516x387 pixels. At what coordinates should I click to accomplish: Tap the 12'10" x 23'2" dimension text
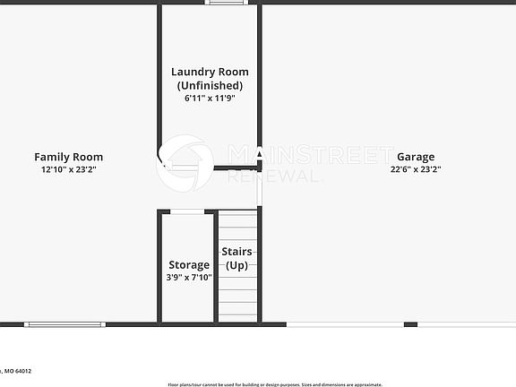[69, 169]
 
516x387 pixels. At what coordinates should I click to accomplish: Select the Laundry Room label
[210, 72]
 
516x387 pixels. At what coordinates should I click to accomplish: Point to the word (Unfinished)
[210, 85]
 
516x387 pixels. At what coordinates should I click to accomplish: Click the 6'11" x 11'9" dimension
[210, 99]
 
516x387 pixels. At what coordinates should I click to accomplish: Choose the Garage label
[416, 157]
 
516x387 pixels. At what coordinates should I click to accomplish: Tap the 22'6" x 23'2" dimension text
[416, 169]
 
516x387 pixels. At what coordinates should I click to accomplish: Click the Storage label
[189, 265]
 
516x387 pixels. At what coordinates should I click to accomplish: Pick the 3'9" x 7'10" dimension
[189, 278]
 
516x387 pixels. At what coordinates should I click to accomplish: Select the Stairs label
[236, 253]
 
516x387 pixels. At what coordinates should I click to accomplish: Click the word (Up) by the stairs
[236, 265]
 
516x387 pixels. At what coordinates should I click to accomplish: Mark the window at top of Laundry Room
[226, 3]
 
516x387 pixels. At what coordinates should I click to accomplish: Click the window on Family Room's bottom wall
[64, 324]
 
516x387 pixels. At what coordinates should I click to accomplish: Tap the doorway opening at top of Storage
[187, 211]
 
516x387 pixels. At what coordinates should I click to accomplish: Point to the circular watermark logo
[185, 163]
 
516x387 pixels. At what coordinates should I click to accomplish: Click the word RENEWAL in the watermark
[273, 176]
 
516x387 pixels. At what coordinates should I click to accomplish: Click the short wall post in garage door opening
[410, 324]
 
